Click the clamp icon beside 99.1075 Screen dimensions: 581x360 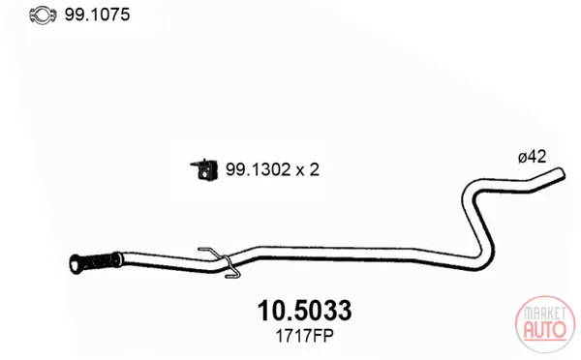point(43,15)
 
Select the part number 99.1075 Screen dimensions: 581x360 point(97,15)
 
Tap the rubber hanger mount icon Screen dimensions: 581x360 point(204,170)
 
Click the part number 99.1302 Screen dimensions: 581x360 point(258,169)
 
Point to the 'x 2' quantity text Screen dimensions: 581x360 point(308,170)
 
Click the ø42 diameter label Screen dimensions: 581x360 point(532,157)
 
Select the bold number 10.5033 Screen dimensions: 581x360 point(304,311)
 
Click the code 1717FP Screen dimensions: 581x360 point(304,337)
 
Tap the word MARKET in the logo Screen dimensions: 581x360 point(544,315)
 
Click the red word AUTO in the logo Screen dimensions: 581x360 point(544,329)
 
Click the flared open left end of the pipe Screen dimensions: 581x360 point(76,264)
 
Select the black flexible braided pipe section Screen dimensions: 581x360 point(98,261)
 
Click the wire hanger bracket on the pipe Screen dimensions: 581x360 point(221,262)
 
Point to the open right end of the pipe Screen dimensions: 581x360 point(561,173)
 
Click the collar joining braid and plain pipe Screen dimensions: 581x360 point(118,259)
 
